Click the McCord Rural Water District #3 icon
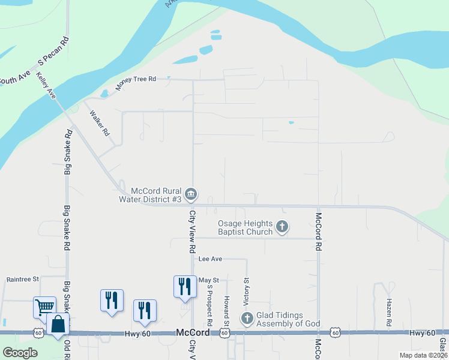[191, 194]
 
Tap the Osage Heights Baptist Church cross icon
[282, 227]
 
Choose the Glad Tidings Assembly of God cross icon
[247, 319]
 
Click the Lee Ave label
[210, 259]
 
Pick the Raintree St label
[22, 279]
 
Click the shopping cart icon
[44, 307]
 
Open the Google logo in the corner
[20, 353]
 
